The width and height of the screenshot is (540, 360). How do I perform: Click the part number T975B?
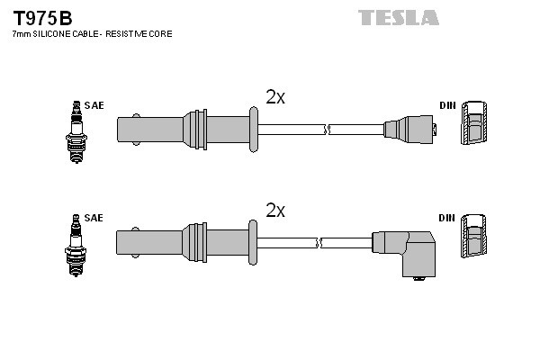(x=42, y=17)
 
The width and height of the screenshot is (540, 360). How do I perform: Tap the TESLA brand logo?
(x=398, y=17)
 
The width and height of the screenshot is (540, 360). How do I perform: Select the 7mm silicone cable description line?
(x=92, y=33)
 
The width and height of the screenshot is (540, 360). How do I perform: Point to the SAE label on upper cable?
(x=94, y=105)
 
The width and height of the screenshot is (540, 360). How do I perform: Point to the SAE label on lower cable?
(x=94, y=219)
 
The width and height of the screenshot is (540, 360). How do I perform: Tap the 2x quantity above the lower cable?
(x=275, y=211)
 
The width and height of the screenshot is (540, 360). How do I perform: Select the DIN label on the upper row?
(x=447, y=105)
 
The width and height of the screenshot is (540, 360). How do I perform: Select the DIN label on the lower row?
(x=447, y=219)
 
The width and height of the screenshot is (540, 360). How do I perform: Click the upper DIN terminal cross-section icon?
(x=474, y=127)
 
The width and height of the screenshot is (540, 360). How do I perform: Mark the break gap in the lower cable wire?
(x=318, y=242)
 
